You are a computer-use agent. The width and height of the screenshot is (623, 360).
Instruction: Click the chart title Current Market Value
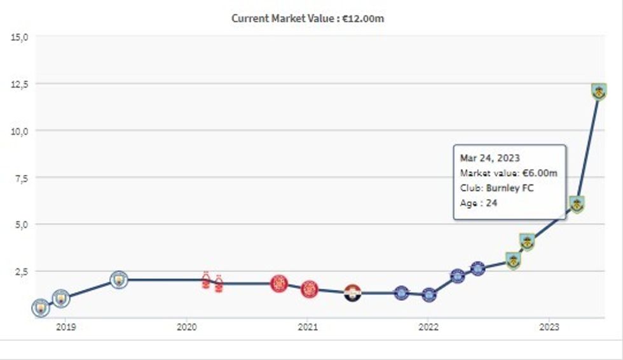coord(308,18)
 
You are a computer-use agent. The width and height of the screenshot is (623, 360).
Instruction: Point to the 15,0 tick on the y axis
coord(20,37)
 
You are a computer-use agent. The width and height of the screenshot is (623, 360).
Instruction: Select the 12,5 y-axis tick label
coord(20,84)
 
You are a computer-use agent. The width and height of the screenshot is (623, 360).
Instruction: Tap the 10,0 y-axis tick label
coord(20,131)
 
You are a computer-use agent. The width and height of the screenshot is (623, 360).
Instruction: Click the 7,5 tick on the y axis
coord(22,178)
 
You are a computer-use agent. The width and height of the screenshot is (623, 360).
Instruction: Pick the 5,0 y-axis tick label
coord(22,225)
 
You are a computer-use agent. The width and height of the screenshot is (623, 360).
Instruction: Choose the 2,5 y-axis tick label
coord(22,272)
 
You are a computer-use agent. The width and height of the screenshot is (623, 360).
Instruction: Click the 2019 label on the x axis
coord(65,327)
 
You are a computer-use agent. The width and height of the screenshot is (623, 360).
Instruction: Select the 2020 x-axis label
coord(186,327)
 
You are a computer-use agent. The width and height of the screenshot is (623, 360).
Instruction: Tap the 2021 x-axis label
coord(307,327)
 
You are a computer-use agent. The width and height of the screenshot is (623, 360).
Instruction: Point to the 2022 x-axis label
coord(428,327)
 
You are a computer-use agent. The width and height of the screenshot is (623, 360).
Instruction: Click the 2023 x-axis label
coord(549,327)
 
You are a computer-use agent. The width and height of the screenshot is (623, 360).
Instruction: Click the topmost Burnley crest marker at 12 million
coord(598,92)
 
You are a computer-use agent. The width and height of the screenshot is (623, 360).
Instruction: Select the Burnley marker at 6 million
coord(577,204)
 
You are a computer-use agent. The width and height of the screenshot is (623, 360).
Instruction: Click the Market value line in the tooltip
coord(509,173)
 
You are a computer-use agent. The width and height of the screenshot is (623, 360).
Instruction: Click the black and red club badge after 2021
coord(352,293)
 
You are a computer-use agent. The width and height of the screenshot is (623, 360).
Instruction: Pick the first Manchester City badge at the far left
coord(40,308)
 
